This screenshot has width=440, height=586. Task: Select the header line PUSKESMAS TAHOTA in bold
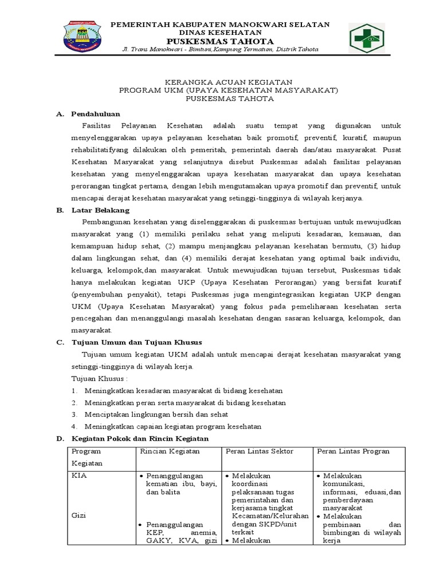(x=220, y=42)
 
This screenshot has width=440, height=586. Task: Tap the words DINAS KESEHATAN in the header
(x=220, y=33)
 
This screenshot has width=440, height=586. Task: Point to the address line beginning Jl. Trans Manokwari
(x=220, y=51)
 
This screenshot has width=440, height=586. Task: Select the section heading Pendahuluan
(x=96, y=114)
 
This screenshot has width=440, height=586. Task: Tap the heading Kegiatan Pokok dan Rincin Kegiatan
(x=140, y=438)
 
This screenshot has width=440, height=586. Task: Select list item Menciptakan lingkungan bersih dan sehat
(x=156, y=414)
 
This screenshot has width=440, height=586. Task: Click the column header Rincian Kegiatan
(x=170, y=452)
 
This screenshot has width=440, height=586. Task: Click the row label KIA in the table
(x=78, y=476)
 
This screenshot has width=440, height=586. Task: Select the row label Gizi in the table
(x=78, y=516)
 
